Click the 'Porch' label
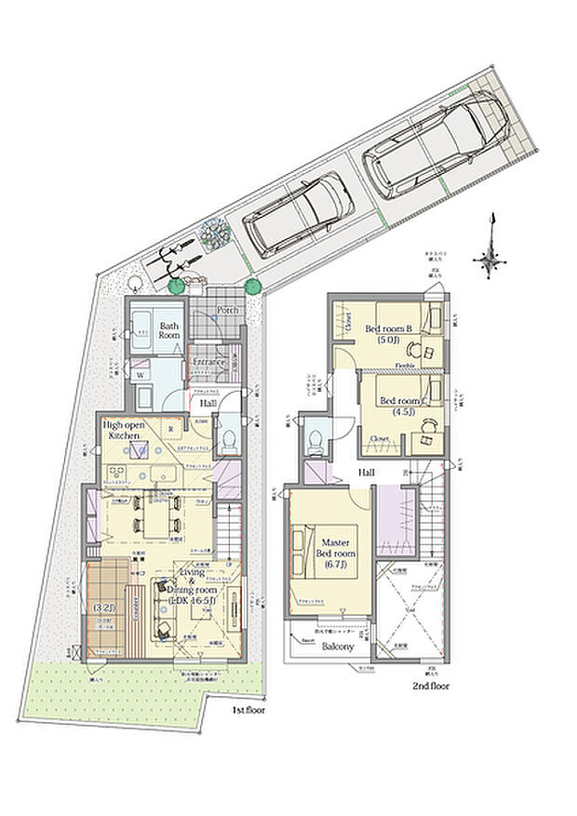click(228, 310)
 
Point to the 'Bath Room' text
click(169, 331)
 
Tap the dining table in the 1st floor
click(152, 515)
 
